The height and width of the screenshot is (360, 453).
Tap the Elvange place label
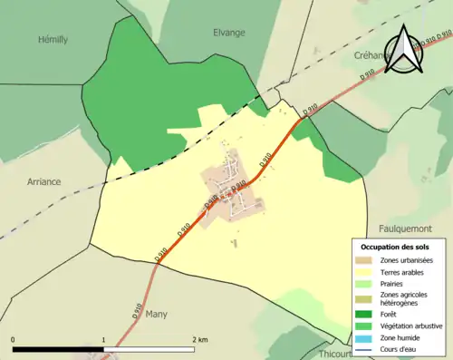point(228,33)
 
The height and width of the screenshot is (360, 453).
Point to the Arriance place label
point(43,181)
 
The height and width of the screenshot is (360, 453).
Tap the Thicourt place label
point(335,354)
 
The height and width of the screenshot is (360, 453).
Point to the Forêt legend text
point(390,314)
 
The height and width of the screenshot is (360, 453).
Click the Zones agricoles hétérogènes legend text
point(404,298)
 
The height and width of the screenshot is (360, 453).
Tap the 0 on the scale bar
point(13,339)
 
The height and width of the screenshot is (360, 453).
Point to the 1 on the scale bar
point(103,339)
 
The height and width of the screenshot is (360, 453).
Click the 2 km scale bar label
point(199,339)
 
